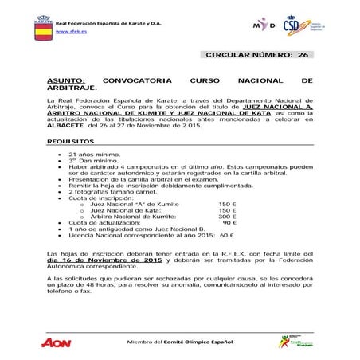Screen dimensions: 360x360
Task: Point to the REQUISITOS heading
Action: point(71,141)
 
